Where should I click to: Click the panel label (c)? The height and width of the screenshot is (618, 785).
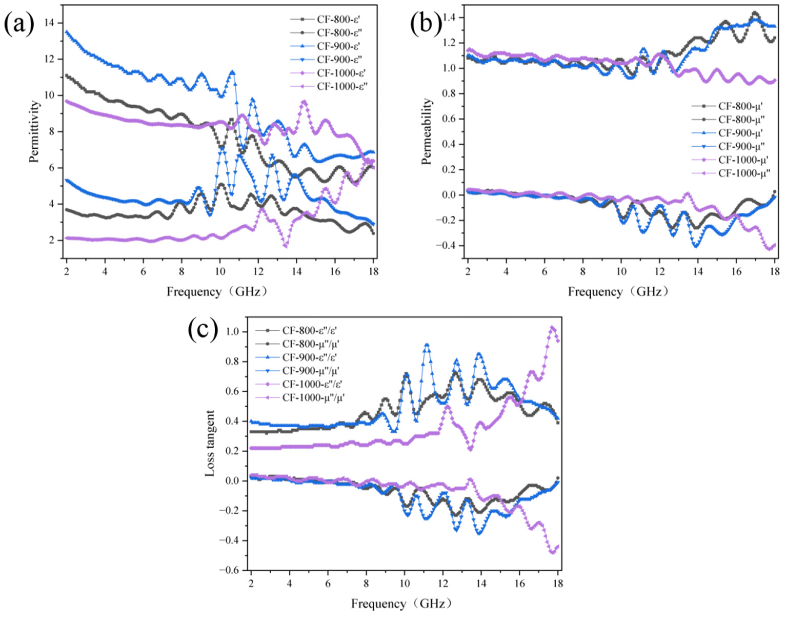pos(203,329)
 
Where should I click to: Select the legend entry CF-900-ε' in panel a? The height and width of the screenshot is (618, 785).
pos(338,46)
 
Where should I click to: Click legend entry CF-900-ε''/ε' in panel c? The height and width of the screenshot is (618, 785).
pos(309,358)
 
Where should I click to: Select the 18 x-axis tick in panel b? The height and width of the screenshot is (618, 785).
pos(774,271)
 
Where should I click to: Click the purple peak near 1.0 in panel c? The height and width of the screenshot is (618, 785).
pos(552,327)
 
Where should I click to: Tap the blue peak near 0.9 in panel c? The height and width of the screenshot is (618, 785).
pos(427,345)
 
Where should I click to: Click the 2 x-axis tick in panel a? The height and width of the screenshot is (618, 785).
pos(67,271)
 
